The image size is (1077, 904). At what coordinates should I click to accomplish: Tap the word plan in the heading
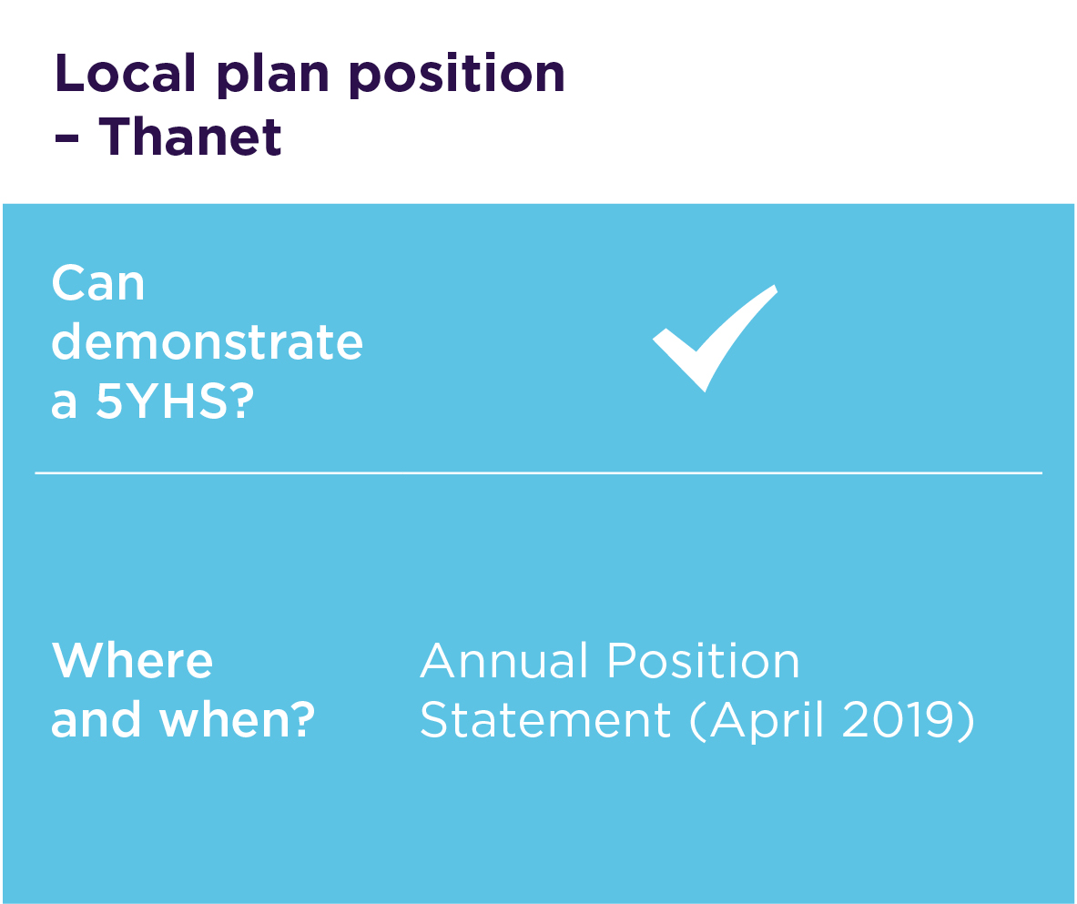273,76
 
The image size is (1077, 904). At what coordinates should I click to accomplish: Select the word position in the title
457,76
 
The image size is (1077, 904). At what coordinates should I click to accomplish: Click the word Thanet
190,136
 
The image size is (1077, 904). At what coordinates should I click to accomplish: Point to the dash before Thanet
66,139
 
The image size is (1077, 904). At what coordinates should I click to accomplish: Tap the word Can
98,283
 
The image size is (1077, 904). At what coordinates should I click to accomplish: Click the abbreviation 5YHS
161,401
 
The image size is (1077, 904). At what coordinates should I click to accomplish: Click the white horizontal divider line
539,472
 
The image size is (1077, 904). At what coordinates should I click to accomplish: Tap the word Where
133,661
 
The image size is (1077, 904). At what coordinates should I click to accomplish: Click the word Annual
504,661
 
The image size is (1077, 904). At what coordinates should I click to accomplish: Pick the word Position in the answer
704,661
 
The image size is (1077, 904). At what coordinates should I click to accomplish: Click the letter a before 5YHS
64,404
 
